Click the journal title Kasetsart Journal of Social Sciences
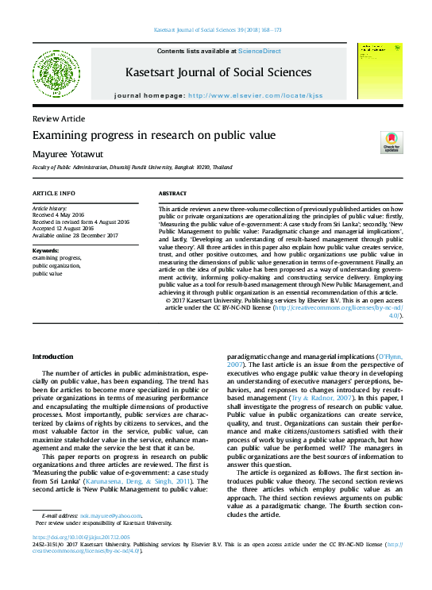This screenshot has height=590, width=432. coord(215,73)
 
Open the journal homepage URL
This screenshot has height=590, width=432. coord(253,94)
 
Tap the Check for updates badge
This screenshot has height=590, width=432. coord(391,141)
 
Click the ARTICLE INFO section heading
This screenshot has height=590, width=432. coord(54,194)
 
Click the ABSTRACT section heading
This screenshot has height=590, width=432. coord(172,194)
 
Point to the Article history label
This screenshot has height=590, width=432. coord(51,206)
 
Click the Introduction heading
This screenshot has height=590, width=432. coord(52,357)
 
